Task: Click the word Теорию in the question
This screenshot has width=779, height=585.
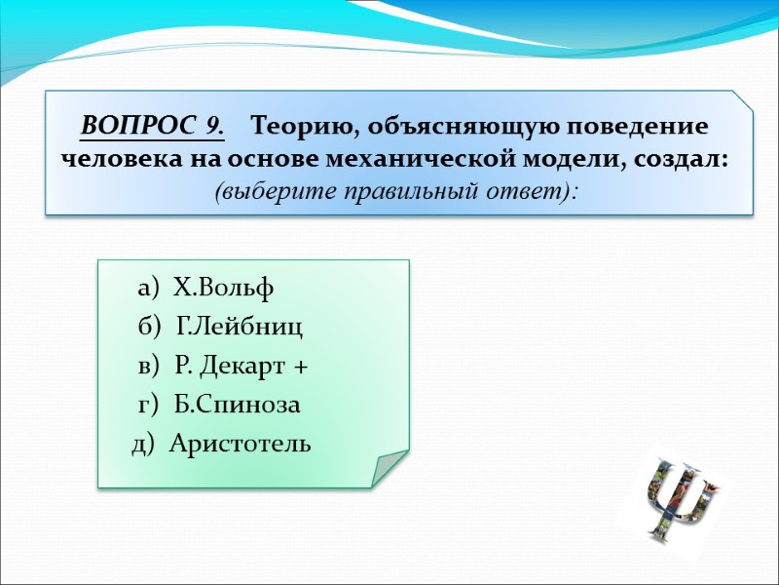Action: [x=293, y=127]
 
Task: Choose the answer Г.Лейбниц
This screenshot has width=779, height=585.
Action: [x=240, y=328]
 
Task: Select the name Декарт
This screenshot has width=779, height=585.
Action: [x=245, y=367]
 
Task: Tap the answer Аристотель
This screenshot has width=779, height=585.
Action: [x=240, y=445]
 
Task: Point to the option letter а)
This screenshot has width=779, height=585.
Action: [x=152, y=289]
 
